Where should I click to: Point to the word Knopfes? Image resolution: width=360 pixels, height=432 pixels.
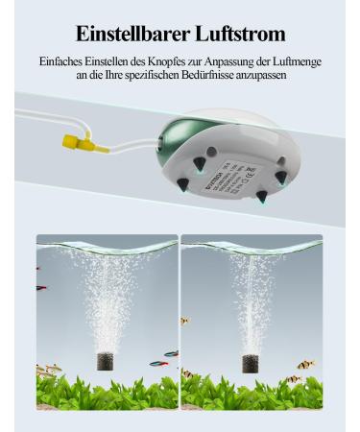coord(161,61)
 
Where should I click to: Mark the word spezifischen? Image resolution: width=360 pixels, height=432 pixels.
coord(156,76)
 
